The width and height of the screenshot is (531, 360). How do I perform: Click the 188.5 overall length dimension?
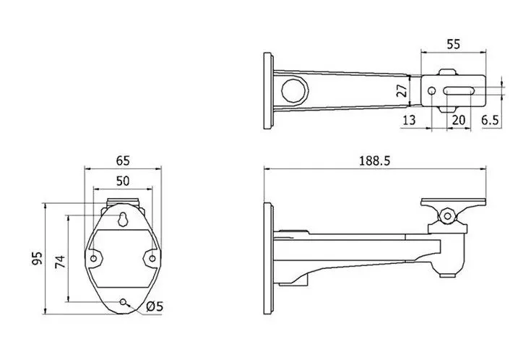point(374,160)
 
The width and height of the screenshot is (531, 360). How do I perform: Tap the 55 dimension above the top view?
point(454,44)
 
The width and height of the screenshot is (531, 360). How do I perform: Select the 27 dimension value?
point(402,91)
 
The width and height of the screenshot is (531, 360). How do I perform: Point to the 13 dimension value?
point(409,120)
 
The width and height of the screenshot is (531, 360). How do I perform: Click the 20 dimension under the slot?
point(459,120)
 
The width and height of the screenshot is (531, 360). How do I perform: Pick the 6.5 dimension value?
point(490,120)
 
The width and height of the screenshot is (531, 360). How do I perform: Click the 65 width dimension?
point(123,160)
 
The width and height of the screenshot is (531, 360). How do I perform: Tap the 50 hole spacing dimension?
point(123,181)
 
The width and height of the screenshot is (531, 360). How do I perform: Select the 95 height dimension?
point(38,258)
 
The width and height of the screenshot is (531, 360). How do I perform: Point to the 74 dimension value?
point(60,262)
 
